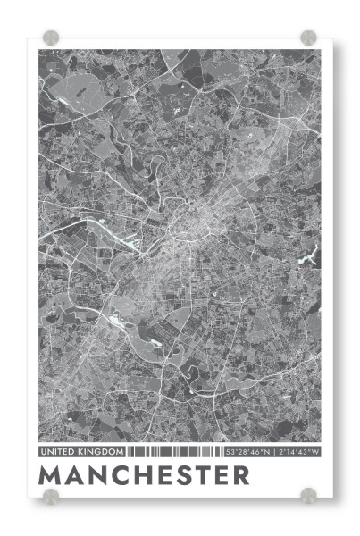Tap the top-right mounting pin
point(308,38)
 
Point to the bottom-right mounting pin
point(308,495)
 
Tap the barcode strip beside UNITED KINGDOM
point(174,452)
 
